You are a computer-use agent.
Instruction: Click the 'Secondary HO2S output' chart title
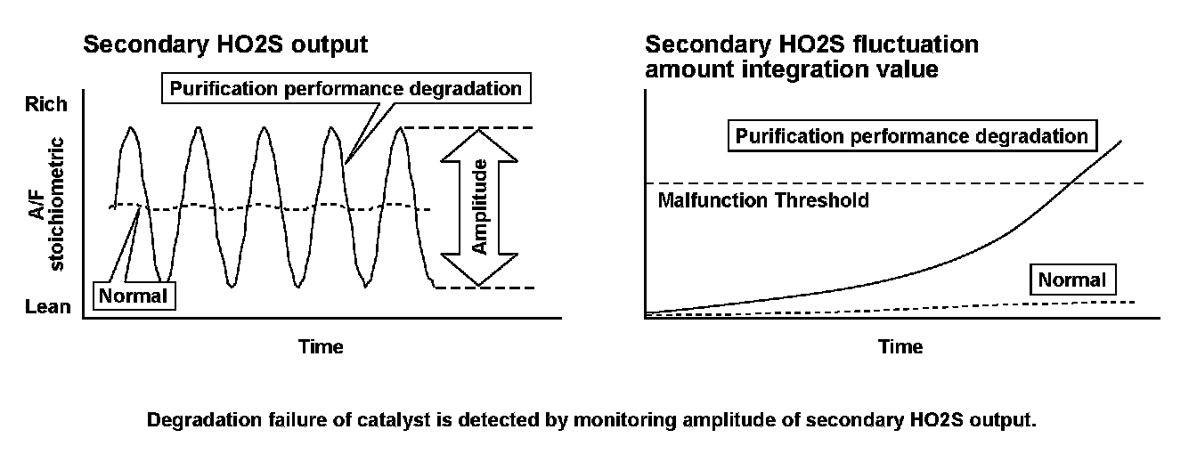225,45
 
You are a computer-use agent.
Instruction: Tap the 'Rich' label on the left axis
45,104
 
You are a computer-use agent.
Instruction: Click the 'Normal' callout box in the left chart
134,296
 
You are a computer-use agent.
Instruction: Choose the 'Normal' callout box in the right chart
1071,280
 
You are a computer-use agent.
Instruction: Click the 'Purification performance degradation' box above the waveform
346,89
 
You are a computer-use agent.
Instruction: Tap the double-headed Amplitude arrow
480,207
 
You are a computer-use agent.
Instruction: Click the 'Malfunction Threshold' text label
762,200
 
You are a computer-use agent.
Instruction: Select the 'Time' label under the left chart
321,346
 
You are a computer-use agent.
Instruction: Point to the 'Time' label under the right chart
900,346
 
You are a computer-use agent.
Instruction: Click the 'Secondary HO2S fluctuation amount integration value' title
811,56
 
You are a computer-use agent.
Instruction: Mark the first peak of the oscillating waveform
132,128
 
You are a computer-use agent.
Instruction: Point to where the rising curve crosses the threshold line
1070,183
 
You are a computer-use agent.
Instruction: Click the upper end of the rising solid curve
1120,141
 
